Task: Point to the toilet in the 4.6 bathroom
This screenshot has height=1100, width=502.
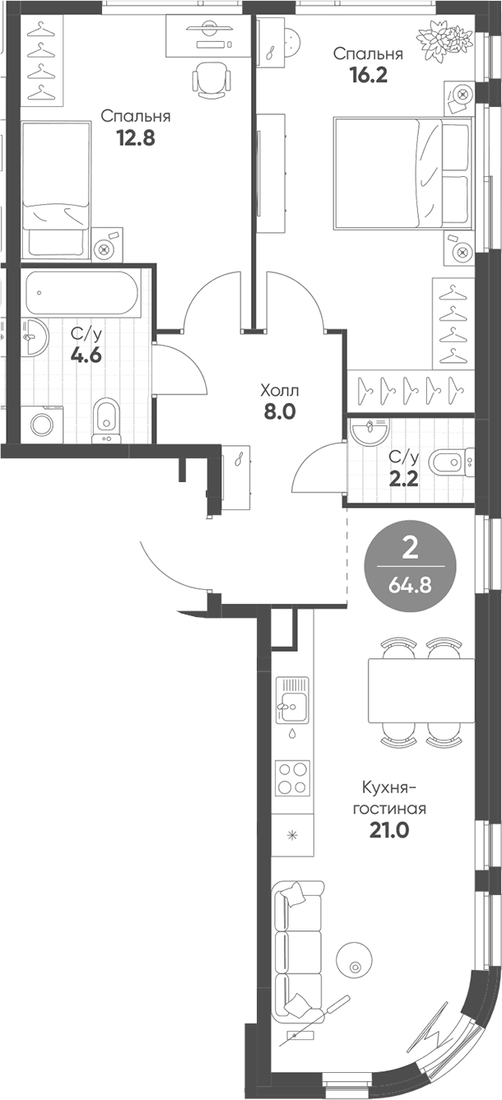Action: coord(105,416)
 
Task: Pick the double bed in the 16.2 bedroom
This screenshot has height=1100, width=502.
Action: coord(402,173)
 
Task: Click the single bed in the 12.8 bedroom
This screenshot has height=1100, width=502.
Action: coord(55,189)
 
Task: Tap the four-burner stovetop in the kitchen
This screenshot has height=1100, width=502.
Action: coord(293,778)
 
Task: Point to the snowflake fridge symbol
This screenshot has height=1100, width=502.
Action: coord(291,836)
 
